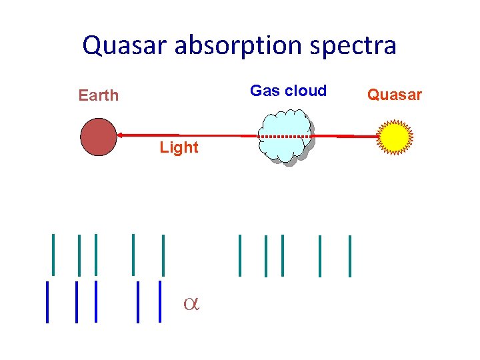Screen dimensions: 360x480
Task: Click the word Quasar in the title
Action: tap(123, 45)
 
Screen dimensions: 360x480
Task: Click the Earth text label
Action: tap(98, 95)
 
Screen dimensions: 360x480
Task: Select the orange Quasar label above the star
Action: tap(395, 95)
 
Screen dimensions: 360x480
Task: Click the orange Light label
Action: tap(179, 147)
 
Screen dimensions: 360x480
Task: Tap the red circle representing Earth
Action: tap(98, 137)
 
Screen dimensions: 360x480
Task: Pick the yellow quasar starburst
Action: tap(394, 137)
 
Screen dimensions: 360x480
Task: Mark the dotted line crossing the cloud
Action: tap(283, 136)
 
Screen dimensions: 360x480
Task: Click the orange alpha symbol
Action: tap(192, 304)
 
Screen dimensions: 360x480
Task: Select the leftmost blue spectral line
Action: tap(47, 302)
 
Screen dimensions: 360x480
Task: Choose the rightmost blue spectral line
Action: tap(160, 301)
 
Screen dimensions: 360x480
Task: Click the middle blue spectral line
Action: tap(96, 301)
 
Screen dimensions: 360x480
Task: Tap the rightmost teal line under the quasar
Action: tap(349, 255)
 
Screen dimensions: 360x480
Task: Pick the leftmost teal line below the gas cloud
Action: tap(240, 255)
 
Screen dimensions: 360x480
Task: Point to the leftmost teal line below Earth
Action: tap(53, 254)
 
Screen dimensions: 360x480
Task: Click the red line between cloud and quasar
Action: tap(343, 136)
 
